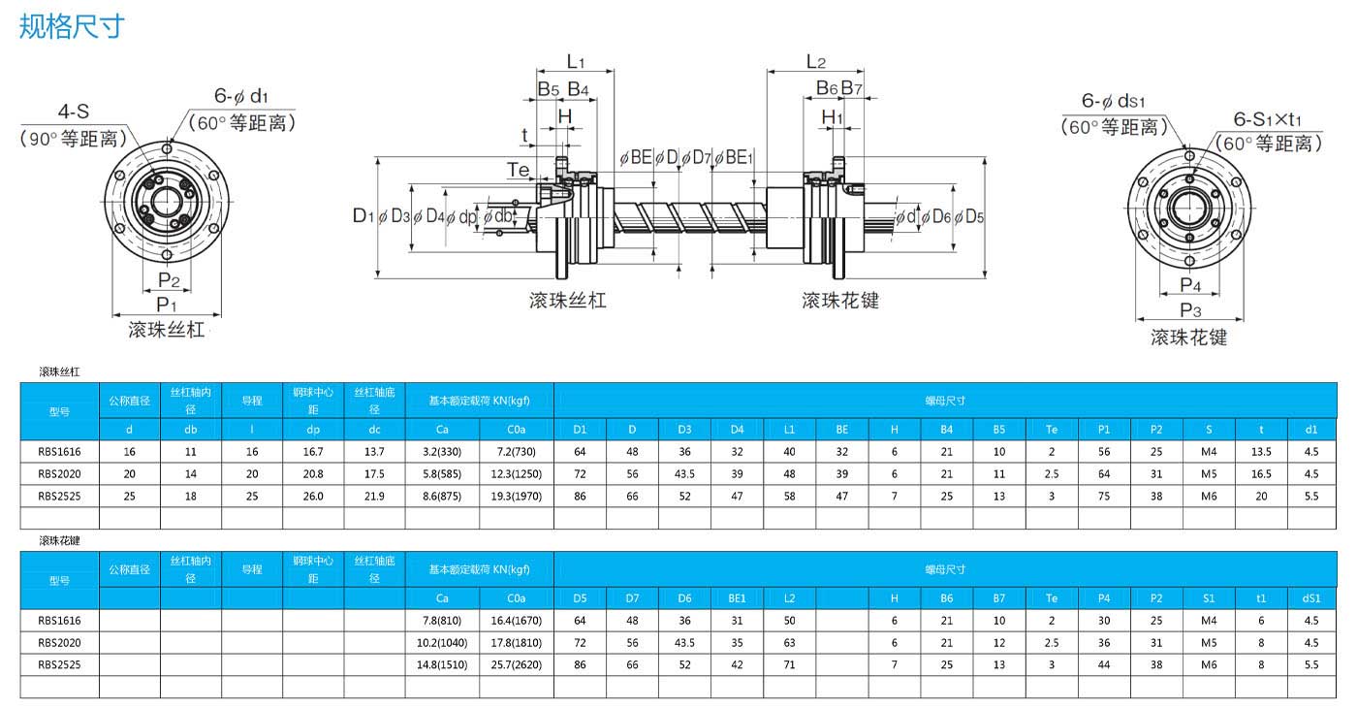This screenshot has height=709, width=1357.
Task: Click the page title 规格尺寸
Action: [x=72, y=26]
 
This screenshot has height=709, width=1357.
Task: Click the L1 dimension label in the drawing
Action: [x=576, y=61]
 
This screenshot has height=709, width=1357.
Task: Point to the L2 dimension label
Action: [x=816, y=61]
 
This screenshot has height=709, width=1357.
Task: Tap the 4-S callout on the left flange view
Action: [x=74, y=112]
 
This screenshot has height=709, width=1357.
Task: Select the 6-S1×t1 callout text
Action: [x=1268, y=119]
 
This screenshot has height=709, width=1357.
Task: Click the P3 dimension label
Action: [x=1190, y=310]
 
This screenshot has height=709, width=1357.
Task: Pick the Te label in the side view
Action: [x=518, y=170]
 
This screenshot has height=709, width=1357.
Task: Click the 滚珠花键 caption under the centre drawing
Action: [x=840, y=300]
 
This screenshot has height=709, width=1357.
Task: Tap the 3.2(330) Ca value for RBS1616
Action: [x=442, y=451]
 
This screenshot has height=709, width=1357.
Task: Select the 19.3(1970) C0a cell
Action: [x=516, y=496]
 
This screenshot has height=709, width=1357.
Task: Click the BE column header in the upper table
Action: [x=841, y=429]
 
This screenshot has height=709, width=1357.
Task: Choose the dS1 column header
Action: [x=1310, y=598]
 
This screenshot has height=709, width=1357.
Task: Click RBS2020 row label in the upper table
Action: [x=59, y=474]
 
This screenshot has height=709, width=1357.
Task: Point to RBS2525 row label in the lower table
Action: [x=59, y=664]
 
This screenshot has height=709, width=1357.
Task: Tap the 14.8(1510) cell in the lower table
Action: [x=442, y=664]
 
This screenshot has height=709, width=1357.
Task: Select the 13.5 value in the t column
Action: [x=1261, y=451]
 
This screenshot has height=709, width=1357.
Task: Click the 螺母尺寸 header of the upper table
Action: [x=945, y=401]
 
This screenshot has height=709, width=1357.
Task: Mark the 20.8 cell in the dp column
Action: [x=313, y=474]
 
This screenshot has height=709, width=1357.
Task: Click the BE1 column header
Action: [x=737, y=598]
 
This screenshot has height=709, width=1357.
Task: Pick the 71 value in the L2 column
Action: [x=789, y=664]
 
